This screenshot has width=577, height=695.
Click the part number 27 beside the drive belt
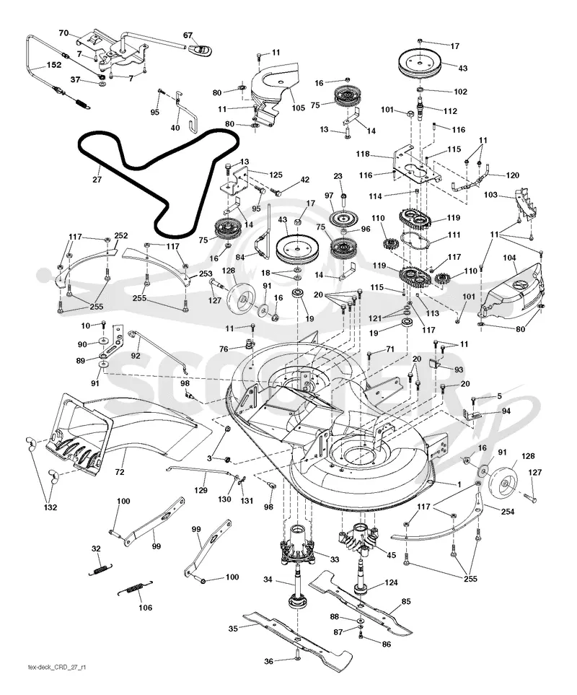97,180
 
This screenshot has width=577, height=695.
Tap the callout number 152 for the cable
53,65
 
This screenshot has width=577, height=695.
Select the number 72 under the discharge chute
120,472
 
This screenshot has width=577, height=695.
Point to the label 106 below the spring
145,607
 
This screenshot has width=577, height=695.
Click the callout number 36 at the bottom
268,661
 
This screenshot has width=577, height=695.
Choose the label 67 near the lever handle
188,35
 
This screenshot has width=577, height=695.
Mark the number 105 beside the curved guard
298,108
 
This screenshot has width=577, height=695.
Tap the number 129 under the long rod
201,490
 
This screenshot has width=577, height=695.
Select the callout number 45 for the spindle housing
392,555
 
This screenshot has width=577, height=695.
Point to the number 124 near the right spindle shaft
391,582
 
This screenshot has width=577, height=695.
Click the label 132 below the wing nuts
50,507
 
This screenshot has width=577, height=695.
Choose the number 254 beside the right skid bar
507,512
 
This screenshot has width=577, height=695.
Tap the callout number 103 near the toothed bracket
490,195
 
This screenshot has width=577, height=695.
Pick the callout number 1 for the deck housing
459,484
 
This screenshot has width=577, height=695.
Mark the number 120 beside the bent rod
512,175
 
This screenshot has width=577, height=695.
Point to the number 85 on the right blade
405,601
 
